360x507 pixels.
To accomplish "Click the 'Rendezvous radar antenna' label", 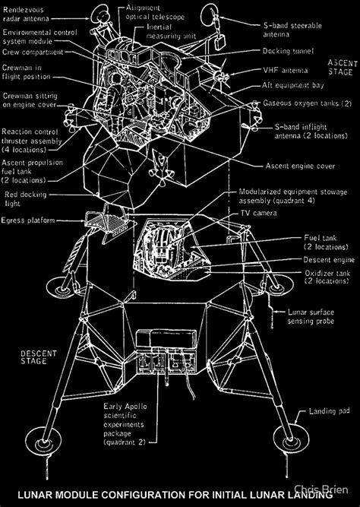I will (x=24, y=14).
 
